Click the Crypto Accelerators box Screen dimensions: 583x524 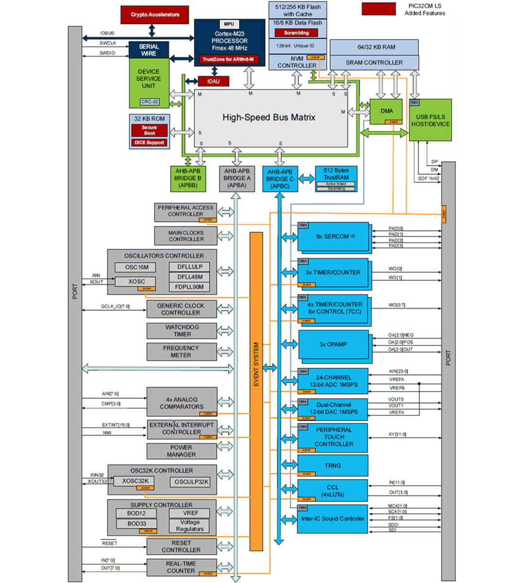tap(154, 15)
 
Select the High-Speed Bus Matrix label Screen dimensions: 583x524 tap(269, 118)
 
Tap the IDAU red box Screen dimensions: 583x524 tap(213, 81)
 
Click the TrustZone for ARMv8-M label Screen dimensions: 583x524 tap(228, 59)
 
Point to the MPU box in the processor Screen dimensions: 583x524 tap(229, 24)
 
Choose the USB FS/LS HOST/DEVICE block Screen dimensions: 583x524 tap(430, 120)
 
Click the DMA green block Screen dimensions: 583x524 tap(387, 111)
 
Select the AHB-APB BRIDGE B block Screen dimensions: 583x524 tap(187, 178)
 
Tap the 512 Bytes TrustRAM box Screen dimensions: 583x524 tap(336, 174)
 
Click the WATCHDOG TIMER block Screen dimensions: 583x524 tap(182, 331)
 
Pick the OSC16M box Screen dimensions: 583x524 tap(137, 267)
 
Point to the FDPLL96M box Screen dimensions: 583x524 tap(189, 287)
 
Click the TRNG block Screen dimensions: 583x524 tap(333, 465)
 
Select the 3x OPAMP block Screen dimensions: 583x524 tap(333, 344)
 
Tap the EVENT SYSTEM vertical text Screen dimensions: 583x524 tap(256, 364)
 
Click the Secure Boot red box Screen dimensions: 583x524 tap(150, 130)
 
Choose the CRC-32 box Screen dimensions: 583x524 tap(150, 102)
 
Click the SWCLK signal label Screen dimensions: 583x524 tap(108, 43)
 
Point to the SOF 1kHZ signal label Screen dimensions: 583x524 tap(429, 179)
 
